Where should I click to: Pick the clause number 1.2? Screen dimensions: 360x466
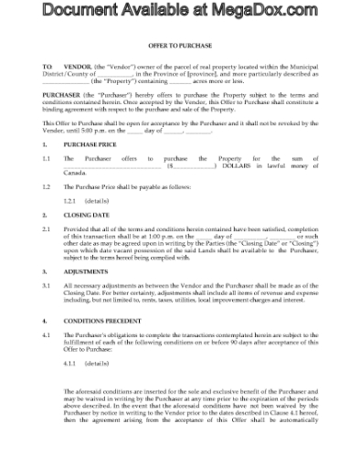[x=48, y=185]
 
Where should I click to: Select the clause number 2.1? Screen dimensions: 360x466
[x=48, y=229]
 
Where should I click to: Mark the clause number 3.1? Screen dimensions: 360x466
[x=48, y=285]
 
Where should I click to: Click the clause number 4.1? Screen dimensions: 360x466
[x=48, y=336]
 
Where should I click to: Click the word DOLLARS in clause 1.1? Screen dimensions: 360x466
[x=236, y=165]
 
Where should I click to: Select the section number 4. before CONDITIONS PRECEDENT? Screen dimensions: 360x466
[x=46, y=323]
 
